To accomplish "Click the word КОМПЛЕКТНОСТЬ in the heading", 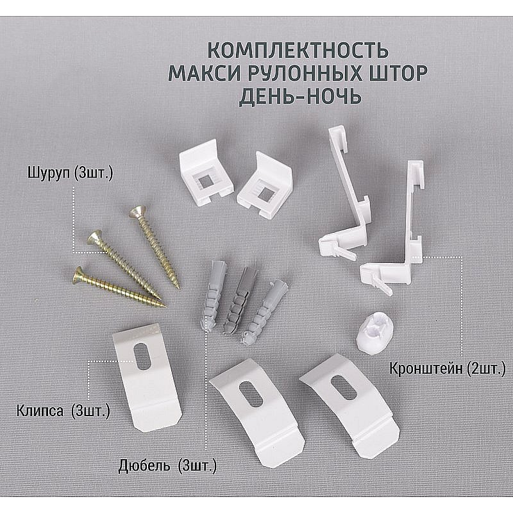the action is (298, 50).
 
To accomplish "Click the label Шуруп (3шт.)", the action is (71, 173).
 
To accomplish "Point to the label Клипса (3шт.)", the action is (63, 411).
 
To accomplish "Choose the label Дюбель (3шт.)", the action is (167, 466).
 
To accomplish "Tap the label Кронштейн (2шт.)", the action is (448, 369).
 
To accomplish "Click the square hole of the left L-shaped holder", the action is (205, 181).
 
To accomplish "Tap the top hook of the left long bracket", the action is (338, 138).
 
